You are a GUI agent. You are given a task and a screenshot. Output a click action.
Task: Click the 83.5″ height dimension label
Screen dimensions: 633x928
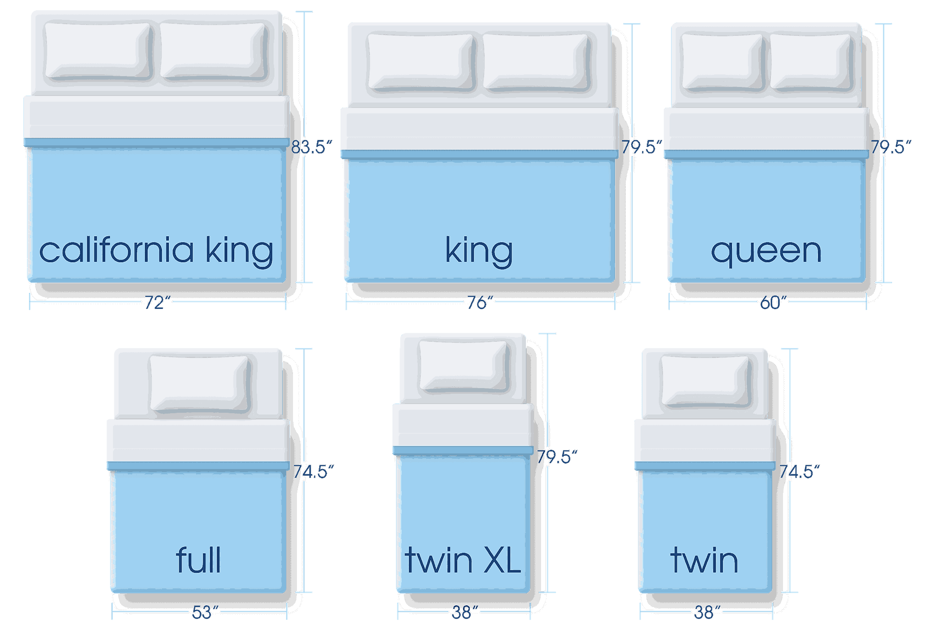(311, 147)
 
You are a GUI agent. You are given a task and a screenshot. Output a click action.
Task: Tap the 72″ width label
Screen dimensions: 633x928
(157, 302)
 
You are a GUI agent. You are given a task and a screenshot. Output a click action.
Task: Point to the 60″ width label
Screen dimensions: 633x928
(772, 302)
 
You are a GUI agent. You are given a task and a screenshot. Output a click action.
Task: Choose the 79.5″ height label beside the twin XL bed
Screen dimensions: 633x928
(557, 457)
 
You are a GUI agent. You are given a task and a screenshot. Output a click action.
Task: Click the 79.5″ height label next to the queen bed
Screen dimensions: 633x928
(891, 147)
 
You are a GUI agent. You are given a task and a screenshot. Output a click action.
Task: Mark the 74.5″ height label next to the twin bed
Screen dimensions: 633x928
(799, 472)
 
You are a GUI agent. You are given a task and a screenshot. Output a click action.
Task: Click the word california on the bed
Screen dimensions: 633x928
(116, 251)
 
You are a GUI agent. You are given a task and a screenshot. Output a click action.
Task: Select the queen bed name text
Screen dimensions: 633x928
(766, 251)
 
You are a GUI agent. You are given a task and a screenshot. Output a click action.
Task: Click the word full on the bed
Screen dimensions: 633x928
(199, 560)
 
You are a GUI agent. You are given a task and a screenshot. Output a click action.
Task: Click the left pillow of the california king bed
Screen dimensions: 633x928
(98, 51)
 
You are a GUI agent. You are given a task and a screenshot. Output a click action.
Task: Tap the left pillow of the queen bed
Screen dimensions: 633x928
(722, 62)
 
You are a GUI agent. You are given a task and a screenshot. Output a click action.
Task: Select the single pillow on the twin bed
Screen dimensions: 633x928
(705, 381)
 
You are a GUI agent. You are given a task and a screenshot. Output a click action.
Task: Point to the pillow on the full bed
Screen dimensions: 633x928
(200, 383)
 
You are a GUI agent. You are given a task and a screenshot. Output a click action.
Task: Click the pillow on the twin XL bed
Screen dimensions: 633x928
(464, 366)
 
